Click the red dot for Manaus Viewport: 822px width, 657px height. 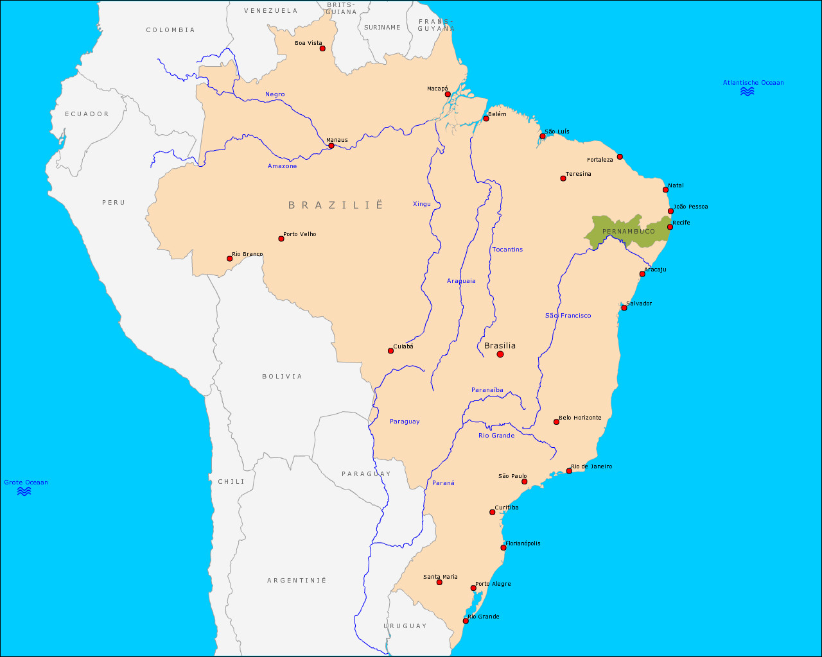coord(331,146)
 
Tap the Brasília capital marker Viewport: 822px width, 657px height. coord(500,354)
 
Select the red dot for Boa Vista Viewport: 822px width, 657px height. coord(322,49)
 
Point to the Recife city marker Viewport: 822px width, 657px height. coord(670,227)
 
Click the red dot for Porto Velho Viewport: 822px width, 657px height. coord(281,239)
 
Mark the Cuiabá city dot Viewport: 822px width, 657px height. coord(390,351)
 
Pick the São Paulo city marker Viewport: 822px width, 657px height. coord(524,482)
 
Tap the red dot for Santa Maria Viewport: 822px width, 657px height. coord(439,583)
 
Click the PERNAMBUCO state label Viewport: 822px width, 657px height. coord(629,232)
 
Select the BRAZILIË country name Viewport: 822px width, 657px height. coord(335,205)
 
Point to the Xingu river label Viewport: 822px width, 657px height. coord(422,204)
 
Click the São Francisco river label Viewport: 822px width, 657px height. coord(568,316)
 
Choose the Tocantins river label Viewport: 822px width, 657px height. coord(507,250)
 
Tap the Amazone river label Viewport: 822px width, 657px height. coord(283,166)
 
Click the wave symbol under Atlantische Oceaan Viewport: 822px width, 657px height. coord(747,92)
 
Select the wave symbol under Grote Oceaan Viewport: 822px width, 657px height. coord(24,491)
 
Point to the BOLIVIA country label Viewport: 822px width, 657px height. coord(282,377)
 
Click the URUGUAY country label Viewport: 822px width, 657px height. coord(405,626)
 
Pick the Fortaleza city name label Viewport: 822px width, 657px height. coord(600,160)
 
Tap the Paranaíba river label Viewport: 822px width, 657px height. coord(487,390)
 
